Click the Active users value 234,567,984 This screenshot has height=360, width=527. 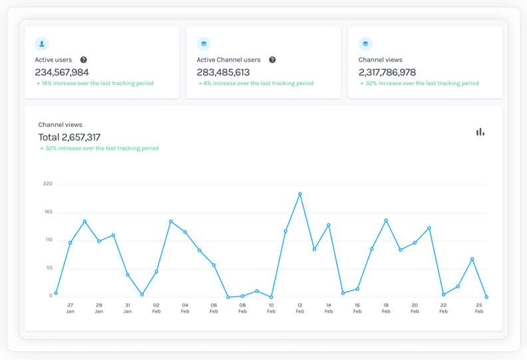[x=62, y=72]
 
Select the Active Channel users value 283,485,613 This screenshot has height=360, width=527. [x=223, y=72]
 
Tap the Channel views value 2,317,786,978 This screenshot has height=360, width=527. [x=387, y=72]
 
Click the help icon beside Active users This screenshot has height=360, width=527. [x=83, y=60]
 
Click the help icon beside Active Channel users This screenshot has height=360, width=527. [x=272, y=60]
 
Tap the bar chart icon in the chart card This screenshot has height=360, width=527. [x=480, y=132]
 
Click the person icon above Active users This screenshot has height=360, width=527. [x=42, y=44]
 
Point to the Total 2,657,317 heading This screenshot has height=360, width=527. [x=69, y=137]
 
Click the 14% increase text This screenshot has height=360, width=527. [x=97, y=83]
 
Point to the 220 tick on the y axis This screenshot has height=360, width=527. [x=47, y=184]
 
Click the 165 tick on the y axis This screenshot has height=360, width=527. [x=47, y=212]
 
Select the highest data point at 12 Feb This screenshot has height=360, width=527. [x=300, y=194]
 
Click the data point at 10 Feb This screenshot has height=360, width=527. [x=271, y=297]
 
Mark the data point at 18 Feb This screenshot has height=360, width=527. [x=386, y=221]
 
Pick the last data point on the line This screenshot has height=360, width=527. [x=486, y=297]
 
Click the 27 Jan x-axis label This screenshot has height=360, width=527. [x=70, y=308]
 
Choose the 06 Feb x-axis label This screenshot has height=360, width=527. [x=214, y=308]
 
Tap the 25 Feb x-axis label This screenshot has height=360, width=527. [x=478, y=308]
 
